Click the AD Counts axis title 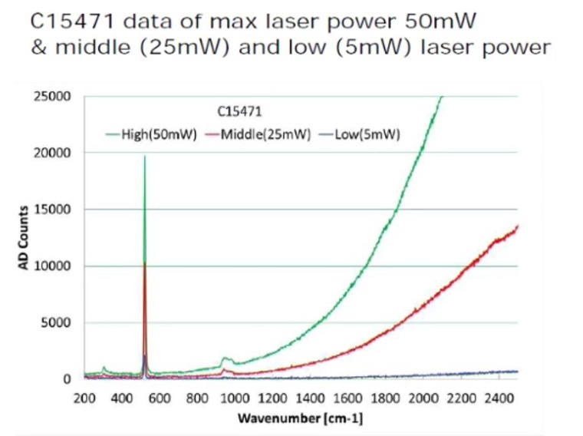tap(23, 237)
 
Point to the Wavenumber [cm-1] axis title tap(300, 419)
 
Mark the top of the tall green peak tap(144, 157)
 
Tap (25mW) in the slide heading tap(187, 48)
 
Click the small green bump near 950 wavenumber tap(226, 358)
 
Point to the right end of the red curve tap(518, 226)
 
